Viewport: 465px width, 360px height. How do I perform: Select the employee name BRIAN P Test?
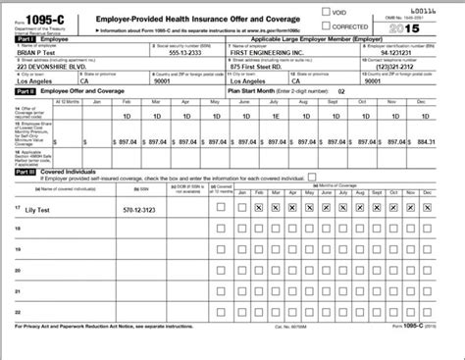[39, 53]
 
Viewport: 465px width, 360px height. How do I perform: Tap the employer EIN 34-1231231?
[401, 53]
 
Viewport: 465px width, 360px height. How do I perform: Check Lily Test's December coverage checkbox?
[428, 208]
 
